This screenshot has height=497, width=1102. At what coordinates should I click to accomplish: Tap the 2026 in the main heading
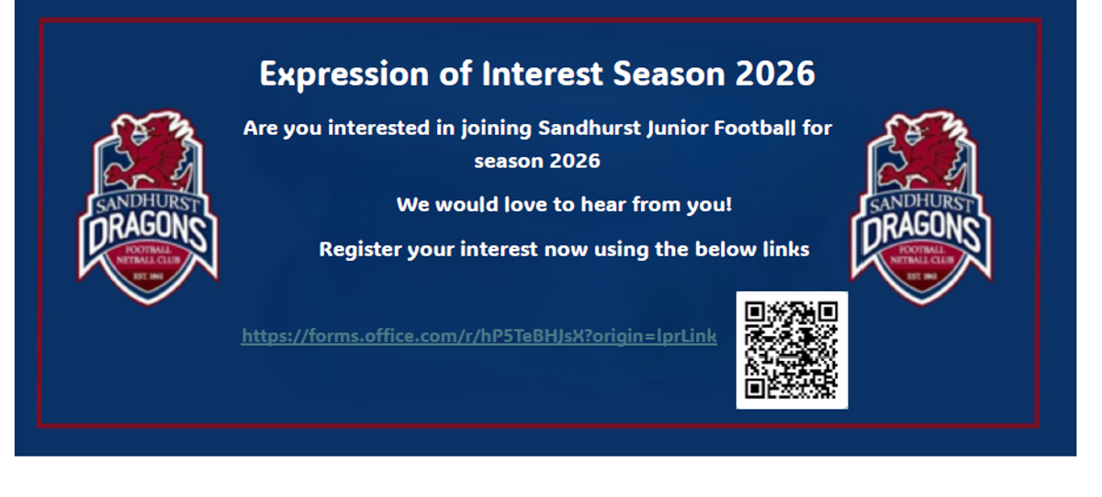point(775,73)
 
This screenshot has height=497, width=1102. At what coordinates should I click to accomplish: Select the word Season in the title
point(669,73)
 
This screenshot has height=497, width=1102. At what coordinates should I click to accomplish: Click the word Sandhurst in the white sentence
point(590,128)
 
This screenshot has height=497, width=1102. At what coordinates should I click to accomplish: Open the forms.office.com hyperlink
point(478,336)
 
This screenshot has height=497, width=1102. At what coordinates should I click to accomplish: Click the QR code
point(792,350)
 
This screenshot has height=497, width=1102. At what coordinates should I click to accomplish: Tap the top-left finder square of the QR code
point(755,311)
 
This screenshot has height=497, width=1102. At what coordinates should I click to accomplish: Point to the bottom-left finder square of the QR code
point(755,389)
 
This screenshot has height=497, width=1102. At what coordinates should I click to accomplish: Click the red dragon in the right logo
point(920,151)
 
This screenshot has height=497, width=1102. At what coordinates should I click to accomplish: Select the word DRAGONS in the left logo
point(148,232)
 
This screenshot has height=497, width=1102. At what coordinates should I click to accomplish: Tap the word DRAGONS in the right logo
point(921,232)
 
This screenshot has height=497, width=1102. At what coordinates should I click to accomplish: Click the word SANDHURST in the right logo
point(921,203)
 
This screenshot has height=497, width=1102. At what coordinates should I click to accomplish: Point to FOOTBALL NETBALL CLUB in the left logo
point(148,254)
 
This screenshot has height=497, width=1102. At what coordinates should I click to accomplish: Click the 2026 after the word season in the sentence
point(575,161)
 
